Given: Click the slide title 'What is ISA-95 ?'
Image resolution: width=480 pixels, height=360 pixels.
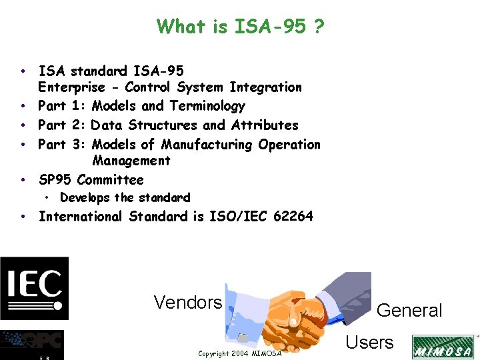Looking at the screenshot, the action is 240,27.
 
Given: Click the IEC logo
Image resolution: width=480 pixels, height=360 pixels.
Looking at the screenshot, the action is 34,288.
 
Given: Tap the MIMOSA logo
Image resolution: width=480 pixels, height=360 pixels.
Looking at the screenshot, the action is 443,347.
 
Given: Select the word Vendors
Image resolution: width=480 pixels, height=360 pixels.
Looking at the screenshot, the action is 188,303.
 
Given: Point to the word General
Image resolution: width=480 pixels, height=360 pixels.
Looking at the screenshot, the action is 409,311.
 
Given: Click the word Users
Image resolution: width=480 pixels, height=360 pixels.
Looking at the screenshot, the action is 369,343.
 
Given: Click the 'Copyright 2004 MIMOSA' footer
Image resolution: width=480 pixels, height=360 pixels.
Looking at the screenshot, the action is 240,353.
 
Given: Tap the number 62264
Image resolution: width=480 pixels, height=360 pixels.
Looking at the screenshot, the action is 293,216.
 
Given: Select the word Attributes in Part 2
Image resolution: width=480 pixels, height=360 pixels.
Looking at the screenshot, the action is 265,125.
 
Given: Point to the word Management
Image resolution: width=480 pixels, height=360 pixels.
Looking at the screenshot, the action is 131,161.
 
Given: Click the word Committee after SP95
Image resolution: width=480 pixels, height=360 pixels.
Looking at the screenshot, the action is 110,180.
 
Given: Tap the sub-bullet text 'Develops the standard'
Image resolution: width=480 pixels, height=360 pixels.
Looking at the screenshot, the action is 125,198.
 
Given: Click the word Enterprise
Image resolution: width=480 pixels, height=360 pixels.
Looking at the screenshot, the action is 71,87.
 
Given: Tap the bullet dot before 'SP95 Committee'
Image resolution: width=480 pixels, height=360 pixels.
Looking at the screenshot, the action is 23,180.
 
